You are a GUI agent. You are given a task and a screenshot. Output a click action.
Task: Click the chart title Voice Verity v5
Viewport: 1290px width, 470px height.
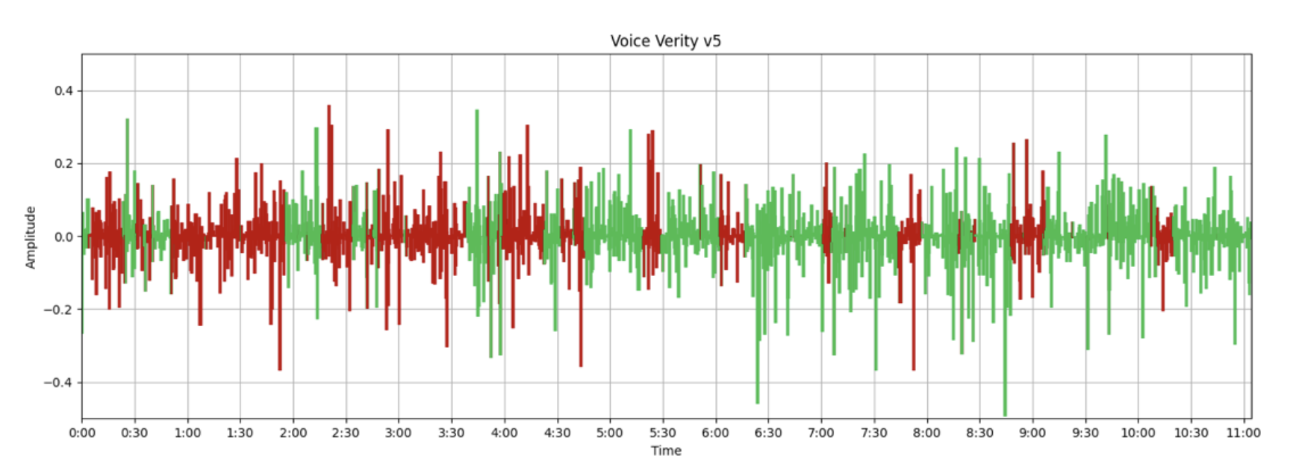click(665, 41)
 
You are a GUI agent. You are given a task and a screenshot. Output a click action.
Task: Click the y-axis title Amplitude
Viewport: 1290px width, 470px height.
click(31, 237)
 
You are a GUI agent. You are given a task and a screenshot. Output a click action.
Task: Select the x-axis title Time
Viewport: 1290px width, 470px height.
click(666, 451)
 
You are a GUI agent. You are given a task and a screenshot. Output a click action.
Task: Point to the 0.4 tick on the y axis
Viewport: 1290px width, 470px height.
click(63, 91)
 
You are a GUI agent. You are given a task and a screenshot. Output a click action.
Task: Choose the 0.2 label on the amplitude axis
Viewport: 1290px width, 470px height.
click(63, 164)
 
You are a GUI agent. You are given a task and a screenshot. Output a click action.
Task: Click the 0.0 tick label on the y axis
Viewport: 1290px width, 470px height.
click(63, 237)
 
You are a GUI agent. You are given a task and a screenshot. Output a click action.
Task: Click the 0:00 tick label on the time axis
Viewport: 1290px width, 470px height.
click(82, 433)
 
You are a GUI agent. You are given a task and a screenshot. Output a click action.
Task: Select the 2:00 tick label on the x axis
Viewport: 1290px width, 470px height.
click(293, 433)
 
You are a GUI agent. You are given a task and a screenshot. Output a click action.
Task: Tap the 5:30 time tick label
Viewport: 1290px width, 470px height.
click(663, 433)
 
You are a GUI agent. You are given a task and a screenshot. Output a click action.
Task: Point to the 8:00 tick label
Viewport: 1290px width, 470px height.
click(926, 433)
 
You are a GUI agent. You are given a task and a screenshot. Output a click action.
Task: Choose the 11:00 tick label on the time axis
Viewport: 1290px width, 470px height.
click(1243, 433)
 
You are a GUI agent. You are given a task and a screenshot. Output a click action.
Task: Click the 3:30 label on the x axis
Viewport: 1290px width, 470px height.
click(452, 433)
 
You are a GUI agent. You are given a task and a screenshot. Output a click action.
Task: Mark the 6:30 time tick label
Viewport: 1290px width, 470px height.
click(768, 433)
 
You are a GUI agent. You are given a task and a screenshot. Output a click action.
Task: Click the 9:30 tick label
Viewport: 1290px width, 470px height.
click(1085, 433)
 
